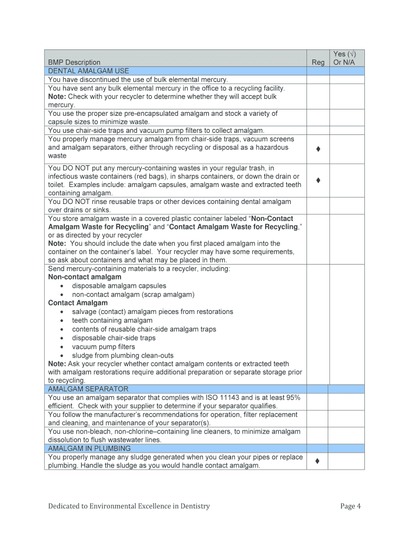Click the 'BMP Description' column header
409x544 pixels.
[x=74, y=62]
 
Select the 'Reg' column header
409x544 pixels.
[x=318, y=62]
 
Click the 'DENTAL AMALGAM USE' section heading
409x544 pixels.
[x=88, y=71]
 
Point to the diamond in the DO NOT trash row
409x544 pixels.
[x=318, y=181]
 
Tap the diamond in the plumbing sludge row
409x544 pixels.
[x=318, y=461]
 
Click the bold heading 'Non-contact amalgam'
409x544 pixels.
[x=84, y=277]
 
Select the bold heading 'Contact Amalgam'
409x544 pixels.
[x=78, y=303]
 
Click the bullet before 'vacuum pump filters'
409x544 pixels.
[x=62, y=347]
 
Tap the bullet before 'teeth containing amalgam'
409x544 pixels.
[x=62, y=321]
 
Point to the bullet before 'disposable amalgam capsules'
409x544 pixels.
[x=62, y=286]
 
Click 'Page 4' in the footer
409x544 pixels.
[x=351, y=506]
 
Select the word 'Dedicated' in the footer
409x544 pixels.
[x=63, y=506]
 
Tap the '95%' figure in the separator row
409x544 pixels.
[x=293, y=397]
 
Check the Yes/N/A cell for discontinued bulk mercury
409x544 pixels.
[x=346, y=79]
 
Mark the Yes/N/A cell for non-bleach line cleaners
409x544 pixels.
[x=346, y=436]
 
